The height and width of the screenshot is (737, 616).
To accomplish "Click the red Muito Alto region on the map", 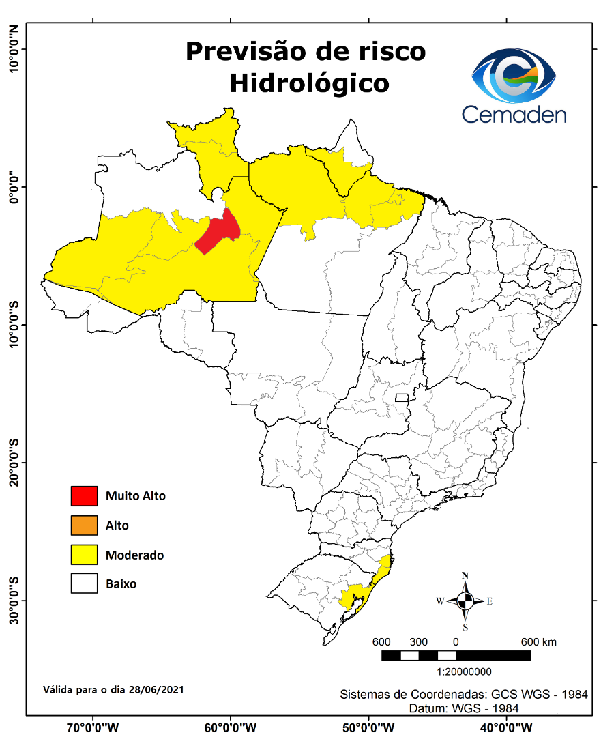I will (x=217, y=233).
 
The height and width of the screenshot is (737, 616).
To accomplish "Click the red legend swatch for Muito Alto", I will (x=85, y=496).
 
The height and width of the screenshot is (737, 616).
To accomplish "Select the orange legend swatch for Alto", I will (x=85, y=525).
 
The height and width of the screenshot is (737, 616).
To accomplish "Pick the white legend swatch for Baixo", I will (x=85, y=584).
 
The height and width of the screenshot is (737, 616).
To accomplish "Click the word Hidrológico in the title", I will (x=309, y=83).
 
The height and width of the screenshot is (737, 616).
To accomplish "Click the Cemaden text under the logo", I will (x=514, y=114).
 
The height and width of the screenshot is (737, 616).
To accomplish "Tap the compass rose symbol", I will (x=465, y=601).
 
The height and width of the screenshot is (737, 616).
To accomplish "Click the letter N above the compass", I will (x=465, y=575).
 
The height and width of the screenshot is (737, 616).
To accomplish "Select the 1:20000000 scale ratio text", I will (x=455, y=671).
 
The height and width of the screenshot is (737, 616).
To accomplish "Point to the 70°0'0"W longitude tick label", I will (x=93, y=727).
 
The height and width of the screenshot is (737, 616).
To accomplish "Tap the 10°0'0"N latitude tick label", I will (x=13, y=49).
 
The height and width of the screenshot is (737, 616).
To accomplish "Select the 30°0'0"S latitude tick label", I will (x=13, y=601).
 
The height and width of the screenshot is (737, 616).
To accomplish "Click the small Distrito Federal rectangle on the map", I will (x=402, y=398).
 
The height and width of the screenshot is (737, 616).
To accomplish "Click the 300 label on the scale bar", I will (x=418, y=642).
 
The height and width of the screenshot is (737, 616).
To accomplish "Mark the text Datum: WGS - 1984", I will (x=464, y=708).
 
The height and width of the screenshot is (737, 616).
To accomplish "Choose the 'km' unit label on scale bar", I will (x=549, y=642).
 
